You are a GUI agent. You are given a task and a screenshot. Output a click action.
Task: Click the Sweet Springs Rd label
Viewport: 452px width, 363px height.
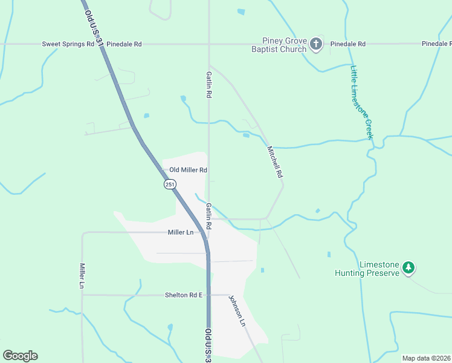tap(68, 44)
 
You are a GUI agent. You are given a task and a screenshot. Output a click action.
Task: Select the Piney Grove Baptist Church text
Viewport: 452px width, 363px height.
tap(279, 45)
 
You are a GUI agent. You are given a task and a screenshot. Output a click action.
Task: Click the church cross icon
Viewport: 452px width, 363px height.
tap(315, 44)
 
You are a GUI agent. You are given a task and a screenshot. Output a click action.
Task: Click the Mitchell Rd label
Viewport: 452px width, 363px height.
tap(275, 162)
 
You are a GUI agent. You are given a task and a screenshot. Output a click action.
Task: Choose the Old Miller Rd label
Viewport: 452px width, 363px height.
tap(188, 171)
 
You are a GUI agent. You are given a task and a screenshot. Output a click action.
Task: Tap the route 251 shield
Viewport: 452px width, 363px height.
tap(169, 184)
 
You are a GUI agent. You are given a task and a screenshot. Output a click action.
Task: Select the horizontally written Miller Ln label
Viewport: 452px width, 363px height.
tap(181, 232)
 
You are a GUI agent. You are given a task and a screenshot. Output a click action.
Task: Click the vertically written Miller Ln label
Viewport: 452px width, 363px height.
tap(83, 275)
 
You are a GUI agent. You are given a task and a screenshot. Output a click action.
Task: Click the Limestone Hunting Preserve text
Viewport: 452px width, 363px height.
tap(367, 269)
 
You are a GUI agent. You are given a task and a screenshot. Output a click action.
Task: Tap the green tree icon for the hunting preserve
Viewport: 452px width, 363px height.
tap(408, 267)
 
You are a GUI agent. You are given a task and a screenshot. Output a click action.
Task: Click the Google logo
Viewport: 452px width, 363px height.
tap(20, 355)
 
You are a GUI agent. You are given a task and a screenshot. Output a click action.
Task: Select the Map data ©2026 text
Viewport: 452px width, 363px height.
tap(426, 358)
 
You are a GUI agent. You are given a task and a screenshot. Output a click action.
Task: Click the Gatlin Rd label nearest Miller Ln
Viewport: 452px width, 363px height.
tap(208, 215)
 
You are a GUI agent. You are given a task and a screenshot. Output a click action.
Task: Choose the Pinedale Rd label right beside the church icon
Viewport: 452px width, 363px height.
tap(348, 44)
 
